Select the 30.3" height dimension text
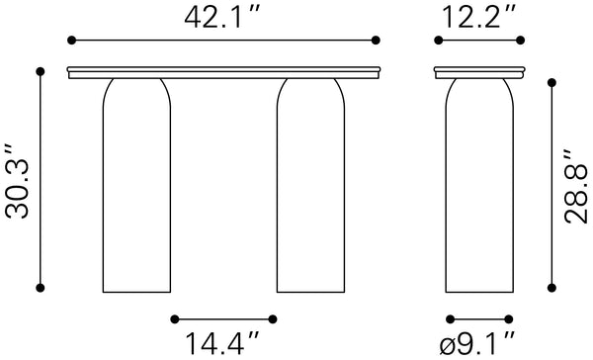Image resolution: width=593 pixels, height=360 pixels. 16,180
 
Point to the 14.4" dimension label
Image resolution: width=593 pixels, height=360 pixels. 223,343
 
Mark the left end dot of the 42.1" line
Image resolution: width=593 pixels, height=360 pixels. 71,41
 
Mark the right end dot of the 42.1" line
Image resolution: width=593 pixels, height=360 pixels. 376,41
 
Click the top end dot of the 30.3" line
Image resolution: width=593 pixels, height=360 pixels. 41,71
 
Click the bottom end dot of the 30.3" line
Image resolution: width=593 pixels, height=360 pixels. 41,289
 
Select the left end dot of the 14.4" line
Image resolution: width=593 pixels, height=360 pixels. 173,318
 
